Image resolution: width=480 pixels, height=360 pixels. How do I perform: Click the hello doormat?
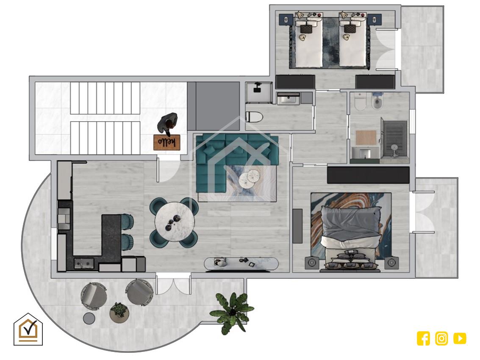click(x=167, y=142)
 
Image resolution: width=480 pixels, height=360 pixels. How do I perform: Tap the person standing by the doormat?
click(x=167, y=123)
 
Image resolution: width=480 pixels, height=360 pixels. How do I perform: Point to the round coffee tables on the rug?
click(x=249, y=178)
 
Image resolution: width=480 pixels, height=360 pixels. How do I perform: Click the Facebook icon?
click(x=423, y=338)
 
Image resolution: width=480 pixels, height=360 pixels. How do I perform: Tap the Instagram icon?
click(x=441, y=338)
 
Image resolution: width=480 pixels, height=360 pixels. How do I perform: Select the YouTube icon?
click(x=460, y=338)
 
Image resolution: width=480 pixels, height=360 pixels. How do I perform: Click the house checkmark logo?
click(x=28, y=330)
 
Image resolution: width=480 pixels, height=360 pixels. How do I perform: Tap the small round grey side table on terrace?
click(x=89, y=318)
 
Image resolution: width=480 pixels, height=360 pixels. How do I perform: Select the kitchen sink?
click(x=83, y=263)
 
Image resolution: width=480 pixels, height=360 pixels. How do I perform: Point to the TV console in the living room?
click(x=241, y=264)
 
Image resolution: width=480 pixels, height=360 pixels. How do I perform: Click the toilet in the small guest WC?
click(x=254, y=117)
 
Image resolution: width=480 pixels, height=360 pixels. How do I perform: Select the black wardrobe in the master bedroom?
click(x=368, y=175)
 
